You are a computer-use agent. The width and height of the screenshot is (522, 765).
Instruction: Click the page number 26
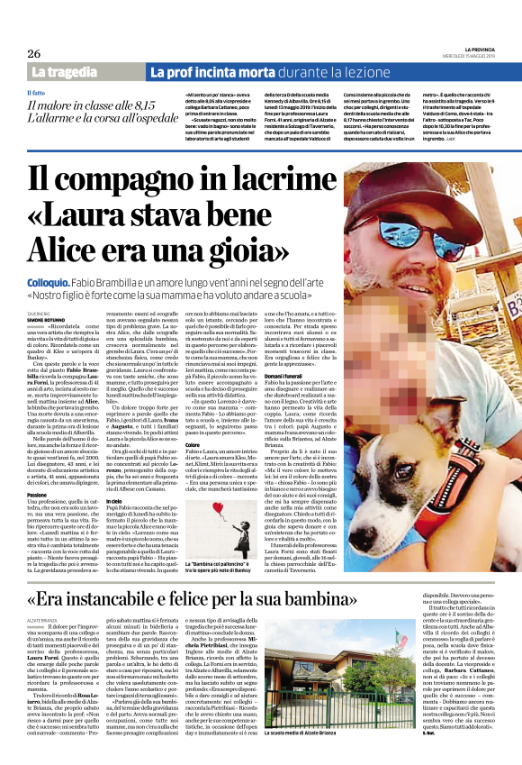pos(33,53)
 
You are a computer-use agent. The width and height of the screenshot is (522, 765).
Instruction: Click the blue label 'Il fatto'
pos(36,93)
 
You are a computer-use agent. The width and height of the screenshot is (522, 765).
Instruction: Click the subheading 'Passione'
pos(38,494)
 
